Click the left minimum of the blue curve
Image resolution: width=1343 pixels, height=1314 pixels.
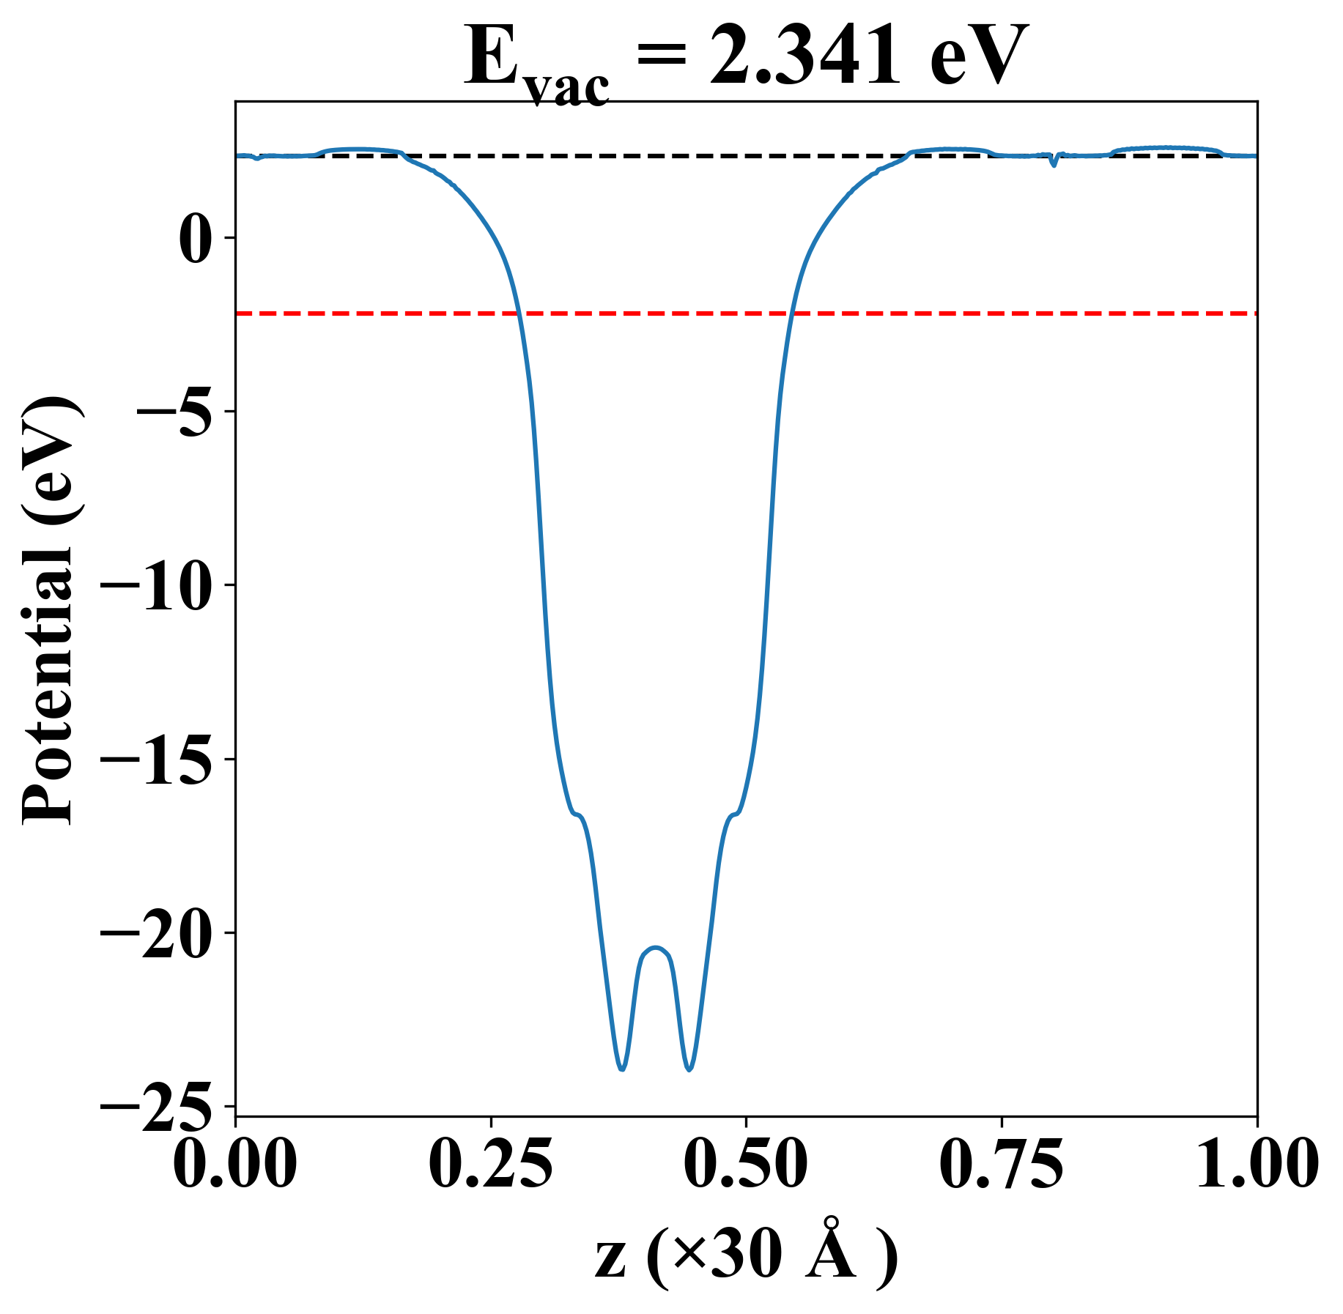click(621, 1069)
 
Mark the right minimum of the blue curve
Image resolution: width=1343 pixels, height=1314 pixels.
click(689, 1069)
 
